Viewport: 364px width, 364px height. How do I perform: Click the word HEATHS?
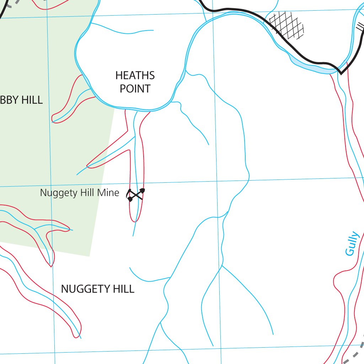pos(135,75)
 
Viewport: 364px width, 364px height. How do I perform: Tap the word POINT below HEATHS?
pos(135,89)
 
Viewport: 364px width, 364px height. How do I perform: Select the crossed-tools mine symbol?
pos(136,194)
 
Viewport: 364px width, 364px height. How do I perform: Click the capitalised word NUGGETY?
pos(82,289)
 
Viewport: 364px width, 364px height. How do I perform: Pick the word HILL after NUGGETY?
pos(123,289)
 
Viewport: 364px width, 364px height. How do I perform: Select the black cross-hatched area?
pos(287,25)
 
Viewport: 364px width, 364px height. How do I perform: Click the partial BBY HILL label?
pos(21,100)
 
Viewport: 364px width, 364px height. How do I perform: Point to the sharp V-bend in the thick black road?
pos(341,73)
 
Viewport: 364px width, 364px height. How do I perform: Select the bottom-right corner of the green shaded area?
pos(90,256)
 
